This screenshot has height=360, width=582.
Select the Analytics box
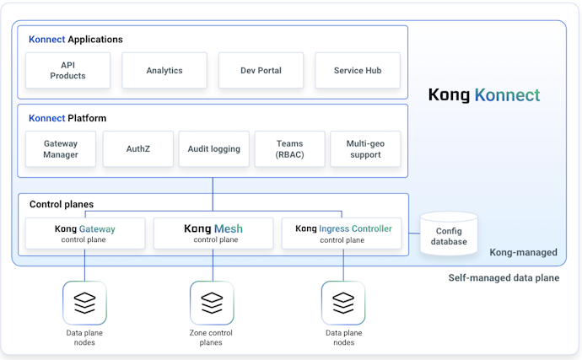coord(164,71)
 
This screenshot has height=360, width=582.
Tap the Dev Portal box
coord(261,71)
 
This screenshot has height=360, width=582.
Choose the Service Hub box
coord(358,71)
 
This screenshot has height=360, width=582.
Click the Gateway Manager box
coord(61,149)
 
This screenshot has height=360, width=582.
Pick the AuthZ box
coord(137,149)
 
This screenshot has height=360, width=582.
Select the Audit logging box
coord(214,149)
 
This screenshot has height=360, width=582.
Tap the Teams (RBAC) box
coord(289,149)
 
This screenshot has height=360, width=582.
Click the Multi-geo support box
coord(365,149)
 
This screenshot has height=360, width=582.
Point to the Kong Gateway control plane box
coord(85,234)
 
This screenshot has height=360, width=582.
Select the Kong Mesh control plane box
coord(213,234)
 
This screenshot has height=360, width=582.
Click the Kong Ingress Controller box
coord(343,234)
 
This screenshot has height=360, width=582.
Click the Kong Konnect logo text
coord(483,95)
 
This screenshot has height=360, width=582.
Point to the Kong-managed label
coord(523,252)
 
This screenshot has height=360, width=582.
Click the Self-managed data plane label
coord(503,277)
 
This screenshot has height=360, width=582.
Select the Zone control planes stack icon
coord(212,303)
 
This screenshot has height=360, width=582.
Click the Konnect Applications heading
coord(76,40)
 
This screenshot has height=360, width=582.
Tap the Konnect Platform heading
coord(67,118)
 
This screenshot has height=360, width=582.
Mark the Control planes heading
coord(62,204)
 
